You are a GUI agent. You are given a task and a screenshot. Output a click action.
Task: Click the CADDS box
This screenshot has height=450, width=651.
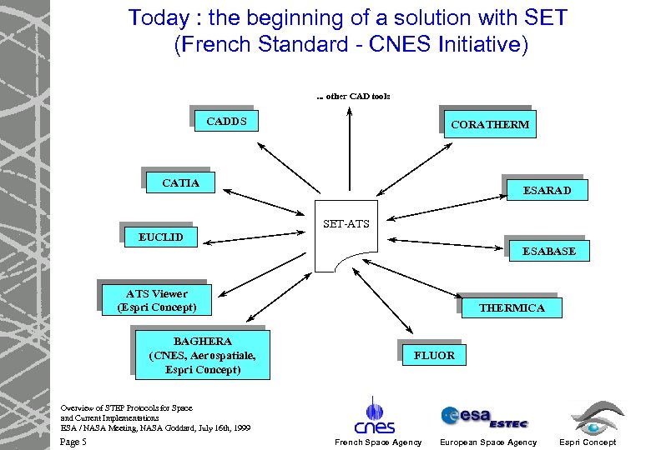(225, 122)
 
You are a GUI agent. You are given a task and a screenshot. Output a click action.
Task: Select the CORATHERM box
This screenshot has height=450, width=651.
(489, 125)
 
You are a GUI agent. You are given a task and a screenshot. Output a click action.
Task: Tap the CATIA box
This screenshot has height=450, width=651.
(180, 182)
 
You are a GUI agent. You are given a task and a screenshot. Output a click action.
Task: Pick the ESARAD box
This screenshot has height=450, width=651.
(547, 190)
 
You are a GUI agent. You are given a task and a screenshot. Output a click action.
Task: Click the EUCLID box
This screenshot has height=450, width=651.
(160, 237)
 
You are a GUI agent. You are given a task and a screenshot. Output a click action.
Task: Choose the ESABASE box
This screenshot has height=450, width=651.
(548, 250)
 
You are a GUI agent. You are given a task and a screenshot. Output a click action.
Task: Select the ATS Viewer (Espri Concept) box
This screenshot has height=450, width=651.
(157, 300)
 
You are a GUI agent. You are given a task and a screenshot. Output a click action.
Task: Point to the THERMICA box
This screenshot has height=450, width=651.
(511, 307)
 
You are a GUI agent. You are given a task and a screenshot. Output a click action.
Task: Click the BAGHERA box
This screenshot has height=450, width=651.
(202, 355)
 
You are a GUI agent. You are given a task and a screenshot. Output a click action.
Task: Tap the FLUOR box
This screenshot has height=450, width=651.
(434, 355)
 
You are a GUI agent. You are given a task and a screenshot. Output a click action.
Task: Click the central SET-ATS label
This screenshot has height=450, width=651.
(346, 224)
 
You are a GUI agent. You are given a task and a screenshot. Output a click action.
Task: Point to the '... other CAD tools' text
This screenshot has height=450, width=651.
(353, 96)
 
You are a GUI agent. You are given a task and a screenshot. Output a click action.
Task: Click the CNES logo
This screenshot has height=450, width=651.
(378, 416)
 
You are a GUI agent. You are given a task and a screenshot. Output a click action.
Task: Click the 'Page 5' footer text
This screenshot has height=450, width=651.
(74, 442)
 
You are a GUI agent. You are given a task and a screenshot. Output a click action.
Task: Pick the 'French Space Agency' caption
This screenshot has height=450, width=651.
(377, 442)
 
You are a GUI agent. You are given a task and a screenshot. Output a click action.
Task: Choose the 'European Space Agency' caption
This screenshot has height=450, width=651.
(488, 442)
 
